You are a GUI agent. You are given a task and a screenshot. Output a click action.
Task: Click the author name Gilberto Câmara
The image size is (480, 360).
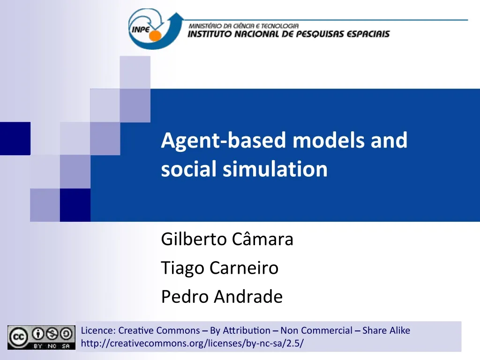227,239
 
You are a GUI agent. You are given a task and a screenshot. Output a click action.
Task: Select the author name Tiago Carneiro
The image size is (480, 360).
219,268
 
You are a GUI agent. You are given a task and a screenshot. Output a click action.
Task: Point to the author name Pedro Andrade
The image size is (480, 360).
222,296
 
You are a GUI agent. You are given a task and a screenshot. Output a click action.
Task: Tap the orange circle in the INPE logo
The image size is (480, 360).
155,36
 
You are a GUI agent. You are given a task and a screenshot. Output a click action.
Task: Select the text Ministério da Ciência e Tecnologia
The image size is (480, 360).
243,26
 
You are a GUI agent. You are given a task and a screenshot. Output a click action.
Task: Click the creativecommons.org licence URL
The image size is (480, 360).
192,344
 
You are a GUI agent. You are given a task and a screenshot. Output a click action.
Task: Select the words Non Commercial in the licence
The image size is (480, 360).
316,330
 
